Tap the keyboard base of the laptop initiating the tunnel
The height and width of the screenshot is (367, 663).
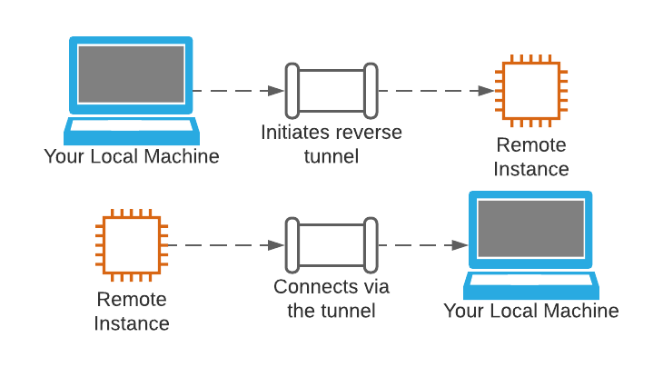pos(131,128)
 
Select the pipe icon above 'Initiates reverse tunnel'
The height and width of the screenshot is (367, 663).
pos(331,91)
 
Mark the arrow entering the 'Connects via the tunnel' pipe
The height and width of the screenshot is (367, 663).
pos(223,245)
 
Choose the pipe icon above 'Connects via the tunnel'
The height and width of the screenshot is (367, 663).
pos(331,245)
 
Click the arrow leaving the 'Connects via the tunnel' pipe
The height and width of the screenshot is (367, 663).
pos(422,245)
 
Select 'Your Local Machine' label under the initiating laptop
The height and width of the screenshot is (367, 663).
pos(132,156)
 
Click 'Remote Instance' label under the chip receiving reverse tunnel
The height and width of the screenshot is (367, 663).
pos(531,157)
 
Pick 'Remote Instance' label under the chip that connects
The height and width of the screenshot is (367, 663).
pos(133,311)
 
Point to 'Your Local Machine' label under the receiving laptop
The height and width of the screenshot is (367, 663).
pos(531,312)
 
